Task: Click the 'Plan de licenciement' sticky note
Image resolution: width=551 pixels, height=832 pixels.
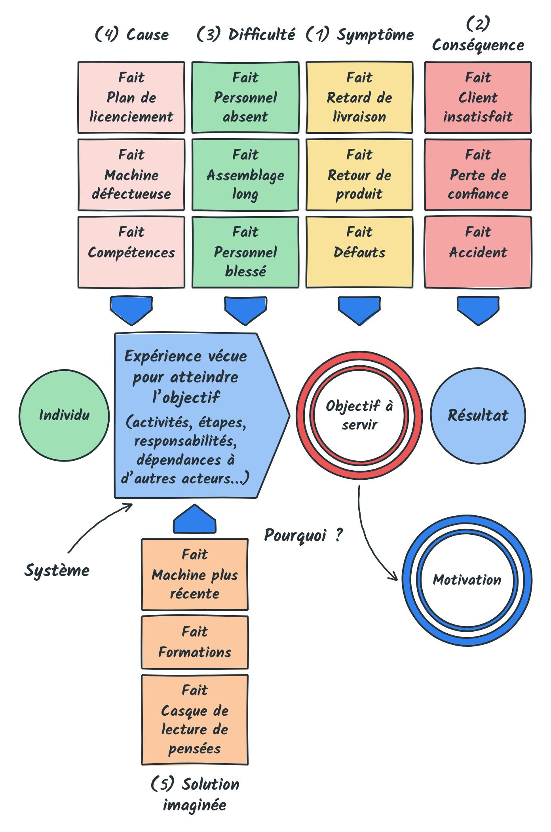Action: coord(131,97)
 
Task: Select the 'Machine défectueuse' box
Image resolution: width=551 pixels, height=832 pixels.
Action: coord(131,175)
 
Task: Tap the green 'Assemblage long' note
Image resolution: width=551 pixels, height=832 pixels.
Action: coord(245,175)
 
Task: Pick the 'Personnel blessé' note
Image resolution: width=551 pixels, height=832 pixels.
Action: coord(245,252)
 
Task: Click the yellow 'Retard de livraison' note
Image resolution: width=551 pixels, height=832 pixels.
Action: coord(359,97)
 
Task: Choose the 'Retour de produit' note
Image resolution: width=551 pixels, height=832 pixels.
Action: coord(359,175)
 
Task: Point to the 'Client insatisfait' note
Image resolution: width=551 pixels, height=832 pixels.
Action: coord(478,97)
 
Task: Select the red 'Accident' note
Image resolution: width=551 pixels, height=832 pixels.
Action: coord(478,252)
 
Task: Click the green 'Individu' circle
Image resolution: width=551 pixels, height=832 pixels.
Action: coord(64,416)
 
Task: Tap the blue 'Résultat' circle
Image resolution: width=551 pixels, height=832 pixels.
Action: coord(478,416)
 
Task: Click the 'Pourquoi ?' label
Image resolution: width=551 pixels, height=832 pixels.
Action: coord(303,535)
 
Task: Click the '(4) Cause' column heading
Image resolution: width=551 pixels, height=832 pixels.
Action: coord(132,34)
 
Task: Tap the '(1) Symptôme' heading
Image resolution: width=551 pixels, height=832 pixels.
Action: coord(360,34)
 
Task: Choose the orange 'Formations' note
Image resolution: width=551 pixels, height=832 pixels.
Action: coord(195,642)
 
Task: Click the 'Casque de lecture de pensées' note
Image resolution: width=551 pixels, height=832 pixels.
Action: coord(195,720)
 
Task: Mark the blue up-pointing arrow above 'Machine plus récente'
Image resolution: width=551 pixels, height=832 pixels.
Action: coord(195,519)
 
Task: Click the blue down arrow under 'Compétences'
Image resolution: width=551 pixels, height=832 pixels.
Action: coord(131,311)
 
